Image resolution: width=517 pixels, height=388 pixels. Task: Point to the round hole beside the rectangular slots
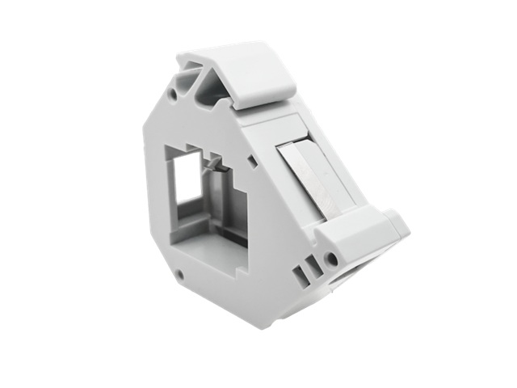[330, 259]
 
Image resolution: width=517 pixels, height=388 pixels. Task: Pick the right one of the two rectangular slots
[311, 266]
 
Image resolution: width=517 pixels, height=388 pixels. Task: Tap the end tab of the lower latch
[398, 226]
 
